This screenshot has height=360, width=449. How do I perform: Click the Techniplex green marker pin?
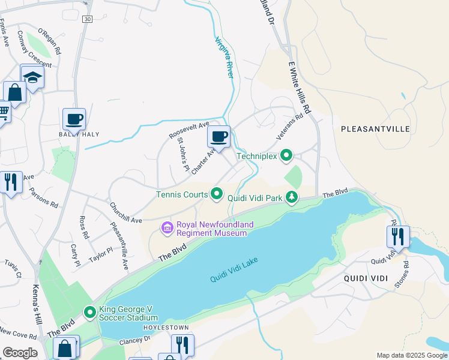(286, 156)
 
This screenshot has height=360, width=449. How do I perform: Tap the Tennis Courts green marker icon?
(217, 194)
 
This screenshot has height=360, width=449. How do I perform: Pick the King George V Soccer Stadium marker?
(90, 312)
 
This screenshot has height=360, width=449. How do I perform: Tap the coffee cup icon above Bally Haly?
(74, 119)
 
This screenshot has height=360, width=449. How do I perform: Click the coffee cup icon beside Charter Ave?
(219, 136)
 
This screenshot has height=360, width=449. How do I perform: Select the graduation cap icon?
(32, 77)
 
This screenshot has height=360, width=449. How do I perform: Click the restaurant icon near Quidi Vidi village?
(398, 236)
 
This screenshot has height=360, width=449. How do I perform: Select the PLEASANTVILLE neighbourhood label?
(375, 129)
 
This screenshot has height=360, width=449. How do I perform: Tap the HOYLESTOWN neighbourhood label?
(166, 328)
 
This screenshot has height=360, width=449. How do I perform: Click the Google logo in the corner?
(20, 353)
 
